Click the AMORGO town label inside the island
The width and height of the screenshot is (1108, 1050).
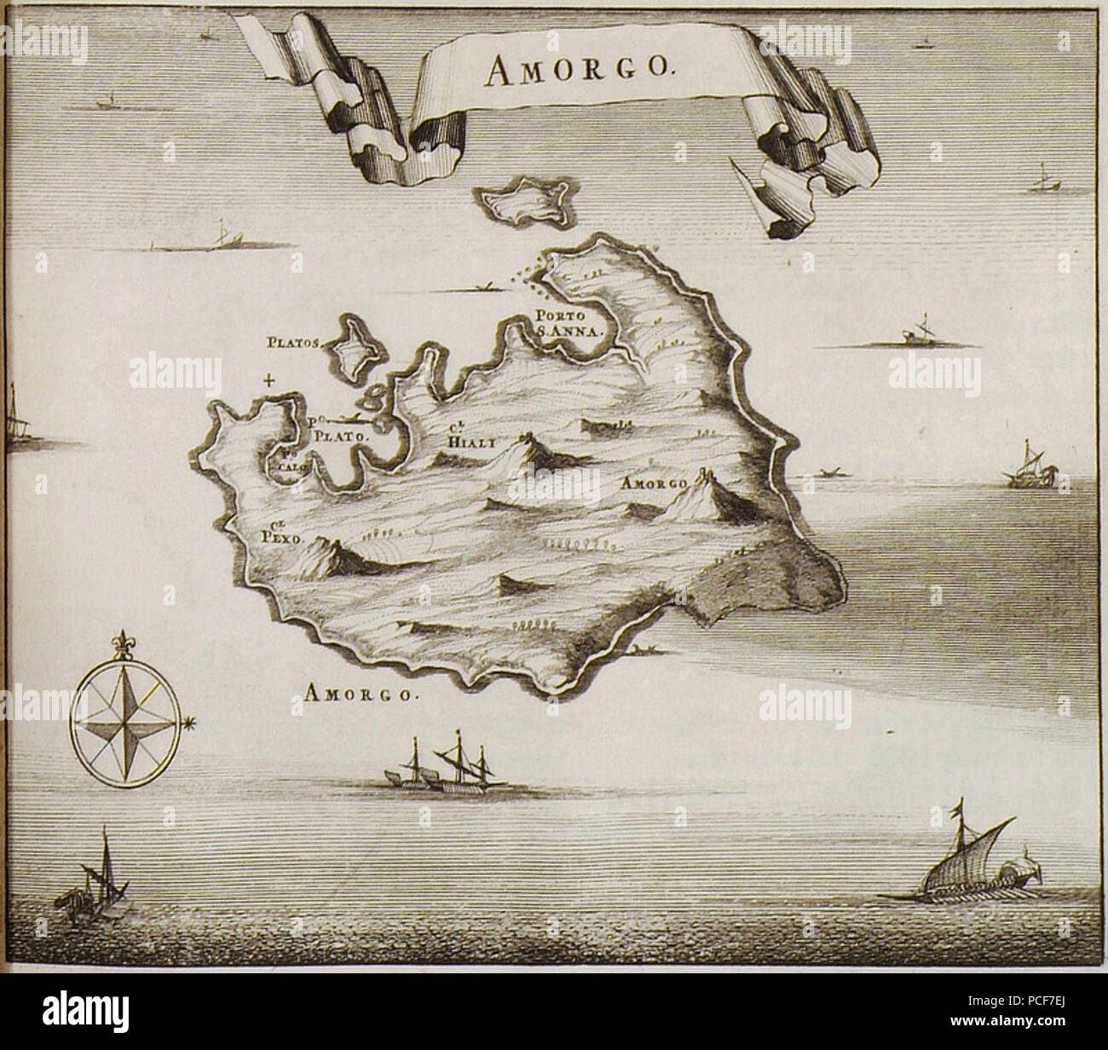[x=654, y=483]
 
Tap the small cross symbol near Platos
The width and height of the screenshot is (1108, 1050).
[x=269, y=380]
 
